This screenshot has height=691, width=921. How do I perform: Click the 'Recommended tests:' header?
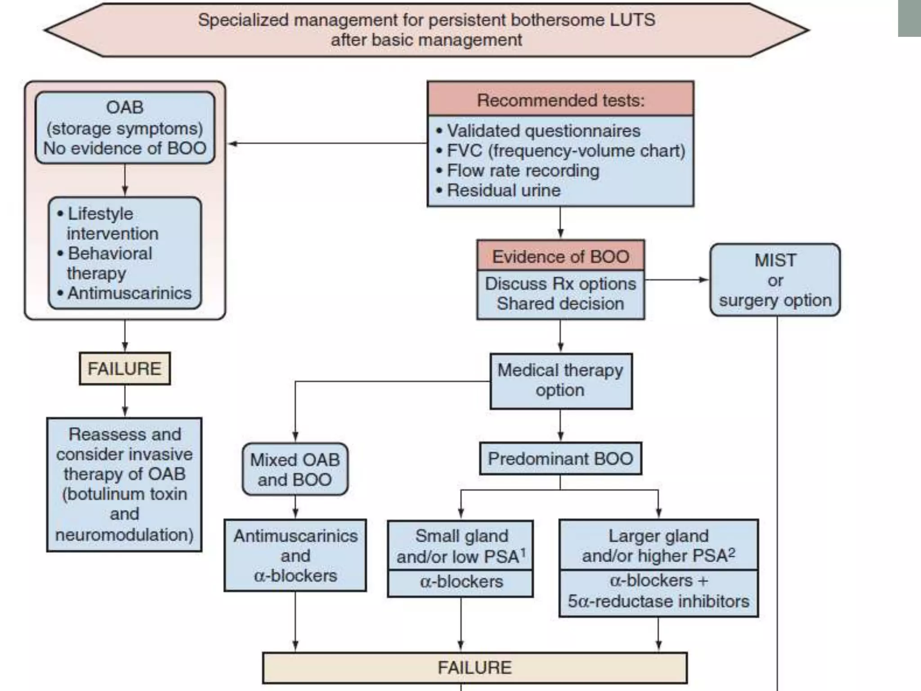(x=560, y=100)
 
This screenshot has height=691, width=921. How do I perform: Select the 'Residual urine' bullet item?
(x=504, y=190)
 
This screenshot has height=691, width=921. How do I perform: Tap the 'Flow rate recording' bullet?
(x=523, y=171)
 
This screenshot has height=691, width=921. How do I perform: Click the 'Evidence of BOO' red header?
(x=560, y=256)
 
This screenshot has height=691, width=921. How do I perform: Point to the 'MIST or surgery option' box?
(x=775, y=280)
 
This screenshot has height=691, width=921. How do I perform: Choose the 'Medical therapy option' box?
(x=560, y=381)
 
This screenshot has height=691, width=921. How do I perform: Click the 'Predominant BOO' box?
(x=560, y=458)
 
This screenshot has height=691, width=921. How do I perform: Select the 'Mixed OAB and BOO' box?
(x=295, y=469)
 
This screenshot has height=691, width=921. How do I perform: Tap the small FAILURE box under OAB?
(x=125, y=368)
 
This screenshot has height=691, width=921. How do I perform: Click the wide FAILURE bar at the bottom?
(x=474, y=667)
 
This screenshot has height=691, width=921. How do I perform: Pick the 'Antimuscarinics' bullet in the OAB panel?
(x=130, y=293)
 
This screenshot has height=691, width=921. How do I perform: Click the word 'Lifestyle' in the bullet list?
(x=100, y=213)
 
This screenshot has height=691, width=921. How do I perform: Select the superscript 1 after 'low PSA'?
(x=523, y=552)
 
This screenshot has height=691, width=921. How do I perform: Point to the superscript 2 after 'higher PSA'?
(x=732, y=552)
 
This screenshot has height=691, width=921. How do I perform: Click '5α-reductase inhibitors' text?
(x=658, y=601)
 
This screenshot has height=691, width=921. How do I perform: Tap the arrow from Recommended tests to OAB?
(x=234, y=144)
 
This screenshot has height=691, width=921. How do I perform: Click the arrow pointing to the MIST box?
(x=703, y=280)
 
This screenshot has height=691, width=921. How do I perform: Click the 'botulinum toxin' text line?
(x=125, y=494)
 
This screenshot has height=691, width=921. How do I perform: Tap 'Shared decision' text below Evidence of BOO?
(x=560, y=304)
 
